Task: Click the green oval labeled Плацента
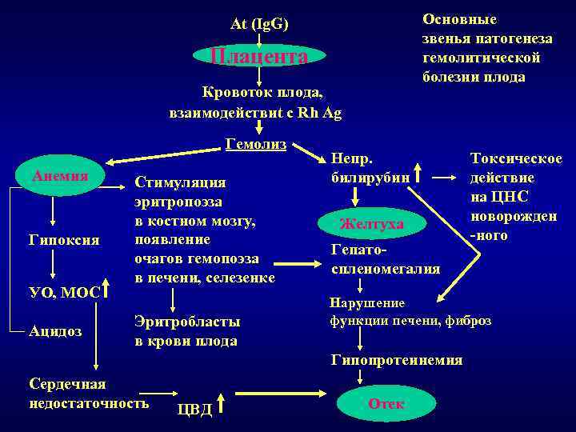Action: coord(259,56)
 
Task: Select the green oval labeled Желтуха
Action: coord(372,222)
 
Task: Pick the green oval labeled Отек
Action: coord(386,404)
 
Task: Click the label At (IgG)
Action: coord(259,24)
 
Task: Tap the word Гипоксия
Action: coord(64,240)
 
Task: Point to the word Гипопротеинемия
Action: coord(397,360)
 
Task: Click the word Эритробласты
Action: coord(186,322)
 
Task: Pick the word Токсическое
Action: coord(516,159)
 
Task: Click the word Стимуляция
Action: coord(180,182)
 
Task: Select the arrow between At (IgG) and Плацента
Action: coord(259,38)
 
